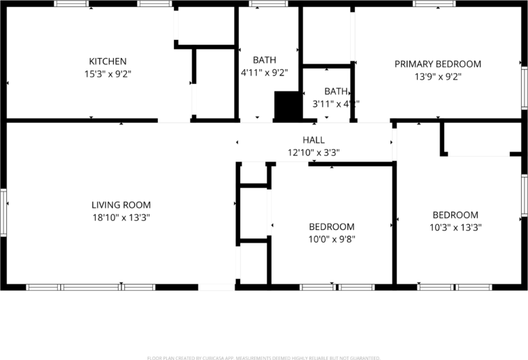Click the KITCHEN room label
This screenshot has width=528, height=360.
[x=108, y=62]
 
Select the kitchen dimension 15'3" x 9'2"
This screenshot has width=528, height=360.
[x=108, y=73]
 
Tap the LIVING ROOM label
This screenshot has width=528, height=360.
[x=121, y=205]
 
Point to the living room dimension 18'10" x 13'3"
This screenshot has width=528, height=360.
[x=121, y=217]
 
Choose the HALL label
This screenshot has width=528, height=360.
[x=314, y=140]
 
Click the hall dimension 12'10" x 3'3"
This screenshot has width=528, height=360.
[x=314, y=152]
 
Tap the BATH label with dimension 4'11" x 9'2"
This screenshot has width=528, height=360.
[x=265, y=59]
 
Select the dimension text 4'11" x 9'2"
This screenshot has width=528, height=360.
[x=265, y=72]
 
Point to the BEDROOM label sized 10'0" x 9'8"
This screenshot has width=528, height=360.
[x=332, y=226]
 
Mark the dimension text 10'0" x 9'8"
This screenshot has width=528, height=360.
[x=332, y=239]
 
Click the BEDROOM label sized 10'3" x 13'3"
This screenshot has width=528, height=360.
[x=455, y=215]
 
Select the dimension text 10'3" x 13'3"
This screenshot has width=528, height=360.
[x=455, y=227]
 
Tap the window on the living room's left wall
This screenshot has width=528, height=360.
[x=3, y=212]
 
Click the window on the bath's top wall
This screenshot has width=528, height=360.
[x=268, y=3]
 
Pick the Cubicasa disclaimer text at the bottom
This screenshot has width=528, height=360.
[x=264, y=358]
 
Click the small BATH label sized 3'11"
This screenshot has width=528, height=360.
[x=336, y=91]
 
